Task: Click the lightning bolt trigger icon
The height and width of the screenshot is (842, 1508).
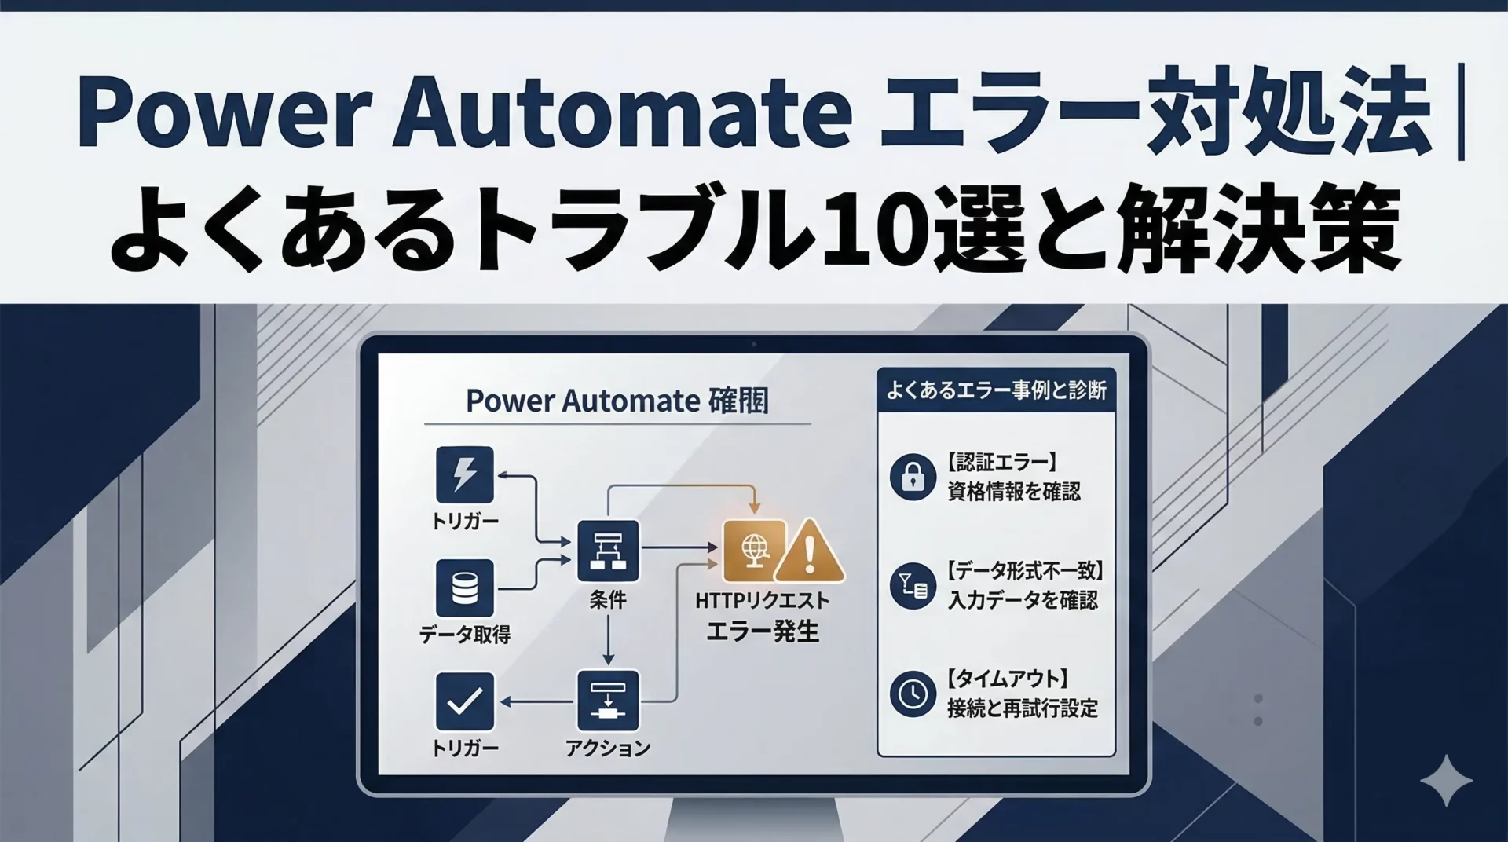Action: (465, 474)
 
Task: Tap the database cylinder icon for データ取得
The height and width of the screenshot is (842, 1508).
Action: (465, 588)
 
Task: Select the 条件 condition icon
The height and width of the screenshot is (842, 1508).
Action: (608, 550)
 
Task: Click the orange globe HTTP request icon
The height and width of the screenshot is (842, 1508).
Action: (754, 550)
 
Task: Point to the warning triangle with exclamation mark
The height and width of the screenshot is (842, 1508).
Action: (809, 552)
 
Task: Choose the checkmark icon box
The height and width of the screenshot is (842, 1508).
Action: (465, 701)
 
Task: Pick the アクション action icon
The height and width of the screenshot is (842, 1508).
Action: (608, 701)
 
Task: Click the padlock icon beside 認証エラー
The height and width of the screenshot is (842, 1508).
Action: (913, 477)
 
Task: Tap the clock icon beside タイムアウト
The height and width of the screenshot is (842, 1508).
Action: (913, 694)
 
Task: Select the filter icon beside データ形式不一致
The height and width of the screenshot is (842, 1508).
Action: (913, 585)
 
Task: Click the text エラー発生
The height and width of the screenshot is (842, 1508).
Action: (763, 631)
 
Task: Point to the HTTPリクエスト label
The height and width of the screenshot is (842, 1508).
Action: (762, 601)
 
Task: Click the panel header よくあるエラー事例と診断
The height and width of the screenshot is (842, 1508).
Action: (996, 390)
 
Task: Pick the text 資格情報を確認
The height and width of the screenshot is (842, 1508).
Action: (1014, 492)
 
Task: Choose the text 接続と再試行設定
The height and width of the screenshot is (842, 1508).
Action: (1023, 708)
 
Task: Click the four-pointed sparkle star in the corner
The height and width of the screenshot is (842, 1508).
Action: (1446, 780)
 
